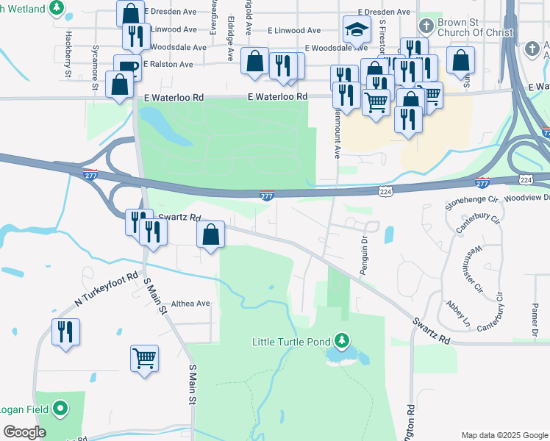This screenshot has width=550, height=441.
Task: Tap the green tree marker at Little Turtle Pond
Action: (x=341, y=341)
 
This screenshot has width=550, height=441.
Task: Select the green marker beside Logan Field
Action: (x=60, y=409)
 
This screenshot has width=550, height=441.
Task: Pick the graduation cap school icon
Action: (x=356, y=31)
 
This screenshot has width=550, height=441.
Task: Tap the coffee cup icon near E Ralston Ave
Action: (x=126, y=67)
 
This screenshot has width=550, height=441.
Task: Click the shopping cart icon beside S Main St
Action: (x=144, y=359)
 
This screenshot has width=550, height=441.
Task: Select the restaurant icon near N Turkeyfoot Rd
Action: (x=65, y=331)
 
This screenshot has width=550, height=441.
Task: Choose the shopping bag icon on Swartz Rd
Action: (x=211, y=235)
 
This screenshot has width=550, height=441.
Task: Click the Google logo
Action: (x=24, y=431)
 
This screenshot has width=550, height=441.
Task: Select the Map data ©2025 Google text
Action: (x=504, y=435)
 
